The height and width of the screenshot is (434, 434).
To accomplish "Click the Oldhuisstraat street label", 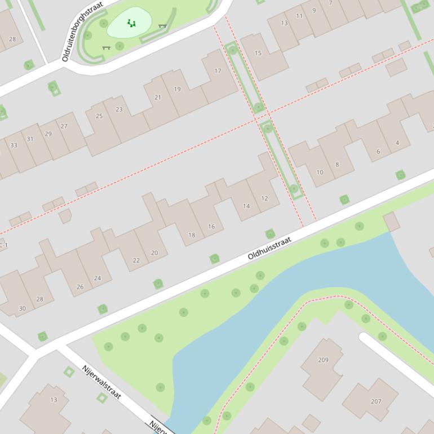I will pos(269,249).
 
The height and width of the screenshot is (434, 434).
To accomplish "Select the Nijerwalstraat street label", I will pos(101,382).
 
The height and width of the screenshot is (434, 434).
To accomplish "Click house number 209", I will pos(323,360).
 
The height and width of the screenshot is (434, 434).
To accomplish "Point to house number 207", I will pos(376,401).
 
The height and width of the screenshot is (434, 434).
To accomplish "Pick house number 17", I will pos(218,71).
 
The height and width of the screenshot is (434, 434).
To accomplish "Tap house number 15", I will pos(258,54).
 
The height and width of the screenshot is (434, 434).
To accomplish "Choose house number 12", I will pos(264,198).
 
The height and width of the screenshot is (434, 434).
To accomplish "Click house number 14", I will pos(246,206).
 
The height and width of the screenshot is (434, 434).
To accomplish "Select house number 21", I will pos(158,98).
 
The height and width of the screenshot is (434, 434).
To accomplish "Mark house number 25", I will pos(99,116).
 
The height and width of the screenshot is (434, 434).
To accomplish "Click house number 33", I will pos(14,145).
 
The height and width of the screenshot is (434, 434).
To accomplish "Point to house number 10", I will pos(320,172).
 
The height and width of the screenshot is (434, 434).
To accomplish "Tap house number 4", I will pos(397,143).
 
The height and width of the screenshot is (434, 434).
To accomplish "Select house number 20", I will pos(154,253).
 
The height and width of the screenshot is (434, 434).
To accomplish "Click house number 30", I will pos(23,308).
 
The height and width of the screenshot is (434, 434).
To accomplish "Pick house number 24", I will pos(98,278).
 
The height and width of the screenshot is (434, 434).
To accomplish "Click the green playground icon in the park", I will pos(131,23).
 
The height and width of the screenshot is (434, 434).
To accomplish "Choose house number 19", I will pos(178,89).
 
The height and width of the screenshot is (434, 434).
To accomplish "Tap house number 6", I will pos(378,152).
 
